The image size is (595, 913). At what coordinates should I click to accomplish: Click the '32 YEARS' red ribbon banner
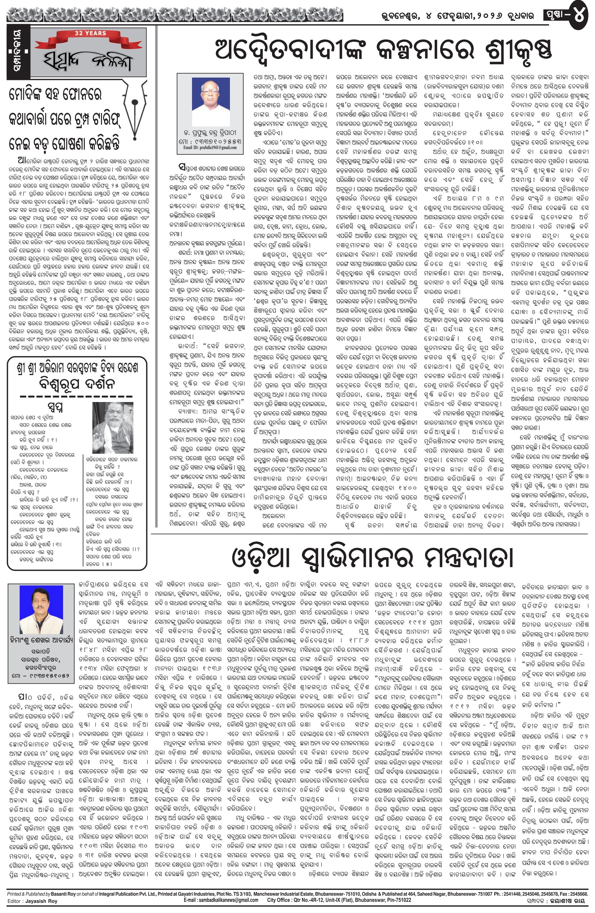point(90,35)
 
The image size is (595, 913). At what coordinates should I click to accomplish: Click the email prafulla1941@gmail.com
point(210,147)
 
